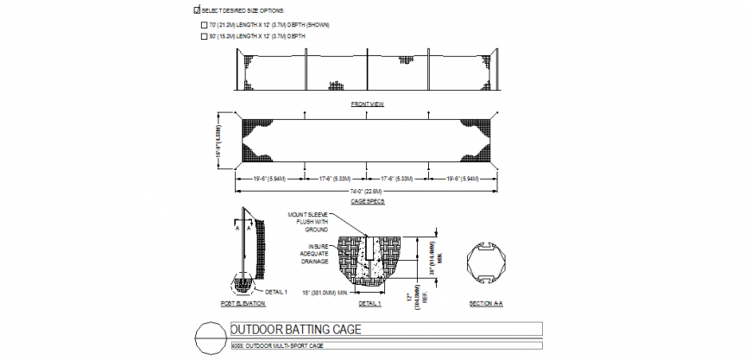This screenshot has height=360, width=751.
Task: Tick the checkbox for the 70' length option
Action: click(x=205, y=25)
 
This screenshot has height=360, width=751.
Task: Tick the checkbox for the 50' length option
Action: click(x=205, y=37)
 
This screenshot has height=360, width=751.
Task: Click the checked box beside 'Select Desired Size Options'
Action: click(x=198, y=9)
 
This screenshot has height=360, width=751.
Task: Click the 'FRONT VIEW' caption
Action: click(x=367, y=104)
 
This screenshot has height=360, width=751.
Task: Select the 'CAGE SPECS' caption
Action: click(x=367, y=201)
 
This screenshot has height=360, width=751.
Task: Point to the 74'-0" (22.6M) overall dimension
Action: click(x=367, y=192)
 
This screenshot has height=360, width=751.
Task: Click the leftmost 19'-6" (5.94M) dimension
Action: click(x=270, y=179)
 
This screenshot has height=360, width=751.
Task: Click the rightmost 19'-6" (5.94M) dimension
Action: click(x=463, y=179)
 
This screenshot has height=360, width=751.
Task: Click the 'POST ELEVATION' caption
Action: click(x=243, y=304)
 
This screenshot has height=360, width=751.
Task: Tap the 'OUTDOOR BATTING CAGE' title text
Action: click(x=295, y=329)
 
